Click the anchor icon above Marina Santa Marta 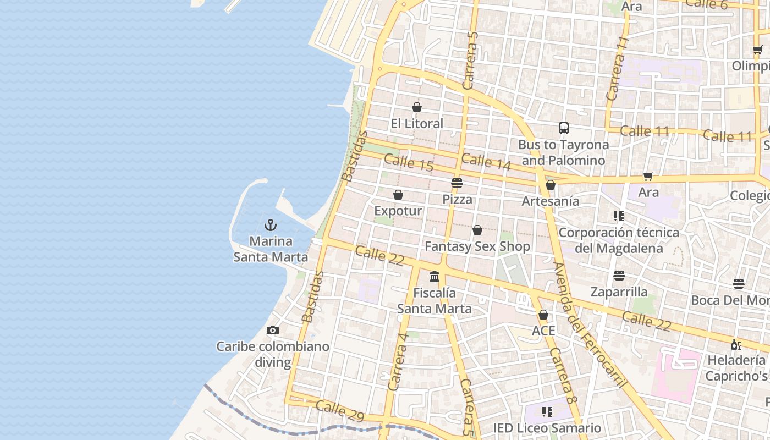(270, 225)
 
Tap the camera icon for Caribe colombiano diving (272, 330)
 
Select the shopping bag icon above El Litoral (417, 107)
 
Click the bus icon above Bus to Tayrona (563, 128)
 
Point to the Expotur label (398, 211)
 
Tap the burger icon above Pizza (457, 183)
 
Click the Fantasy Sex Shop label (477, 246)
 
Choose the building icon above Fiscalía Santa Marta (435, 276)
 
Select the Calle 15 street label (408, 163)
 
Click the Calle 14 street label (486, 162)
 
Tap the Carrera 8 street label (563, 375)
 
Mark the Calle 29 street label (339, 411)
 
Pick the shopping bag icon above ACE (543, 315)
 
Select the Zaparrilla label (619, 291)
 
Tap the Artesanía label (550, 201)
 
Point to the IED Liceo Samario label (547, 428)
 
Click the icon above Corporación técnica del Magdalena (619, 216)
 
